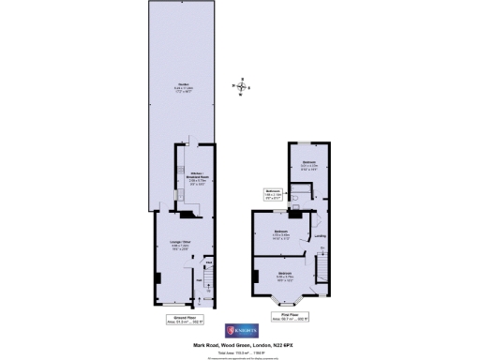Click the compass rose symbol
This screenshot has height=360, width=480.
243,88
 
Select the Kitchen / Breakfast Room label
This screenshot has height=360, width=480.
185,178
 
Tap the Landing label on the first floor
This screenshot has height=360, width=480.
319,235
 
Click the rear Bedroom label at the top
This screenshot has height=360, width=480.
309,165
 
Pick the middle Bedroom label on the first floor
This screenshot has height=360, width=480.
280,232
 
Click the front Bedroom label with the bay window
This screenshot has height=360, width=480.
285,277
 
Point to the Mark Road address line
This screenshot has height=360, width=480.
240,344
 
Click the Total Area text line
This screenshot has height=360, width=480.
240,350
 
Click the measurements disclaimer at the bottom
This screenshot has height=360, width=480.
240,355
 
